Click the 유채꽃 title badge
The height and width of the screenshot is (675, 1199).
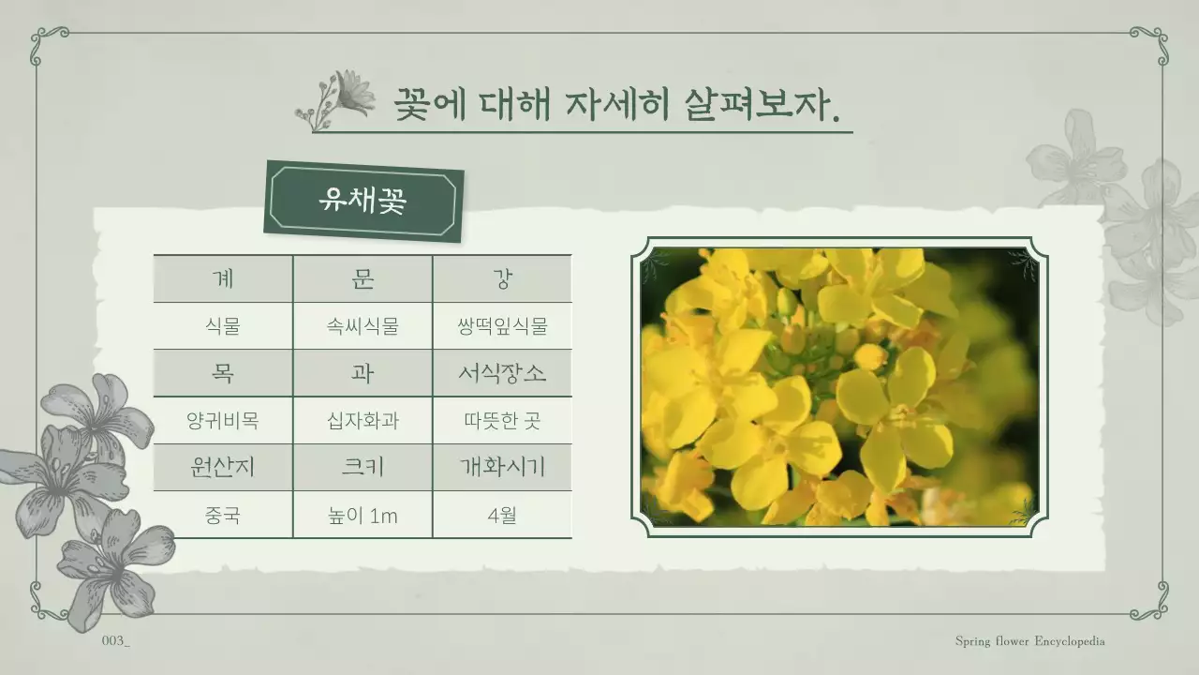363,202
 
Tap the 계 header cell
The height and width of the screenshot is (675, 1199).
223,278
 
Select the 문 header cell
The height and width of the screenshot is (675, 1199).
363,278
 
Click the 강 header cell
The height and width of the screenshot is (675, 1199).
502,278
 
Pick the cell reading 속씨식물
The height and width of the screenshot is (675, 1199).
363,326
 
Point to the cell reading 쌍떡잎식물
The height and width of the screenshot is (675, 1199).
502,326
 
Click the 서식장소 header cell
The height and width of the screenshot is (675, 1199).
502,373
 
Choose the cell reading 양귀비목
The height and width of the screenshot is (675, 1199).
223,421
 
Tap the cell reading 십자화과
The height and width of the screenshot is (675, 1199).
363,421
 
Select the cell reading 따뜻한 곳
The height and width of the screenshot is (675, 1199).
502,421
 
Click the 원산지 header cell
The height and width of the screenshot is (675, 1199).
223,467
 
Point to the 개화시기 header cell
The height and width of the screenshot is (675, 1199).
502,467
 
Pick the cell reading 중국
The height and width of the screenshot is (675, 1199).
223,515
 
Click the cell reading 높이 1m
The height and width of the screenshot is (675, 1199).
363,515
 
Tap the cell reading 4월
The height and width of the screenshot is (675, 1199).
502,515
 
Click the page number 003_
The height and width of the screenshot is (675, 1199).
115,641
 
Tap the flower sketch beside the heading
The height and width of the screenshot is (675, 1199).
335,98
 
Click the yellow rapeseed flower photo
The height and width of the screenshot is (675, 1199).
839,386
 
